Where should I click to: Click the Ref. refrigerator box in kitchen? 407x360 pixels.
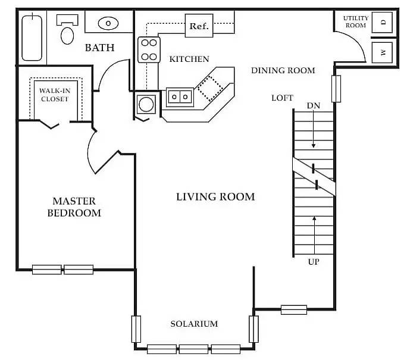click(199, 26)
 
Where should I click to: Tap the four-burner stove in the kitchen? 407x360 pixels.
click(149, 50)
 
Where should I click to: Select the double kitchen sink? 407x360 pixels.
click(179, 95)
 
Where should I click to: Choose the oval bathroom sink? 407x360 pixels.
click(108, 24)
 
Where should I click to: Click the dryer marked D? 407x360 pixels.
click(383, 23)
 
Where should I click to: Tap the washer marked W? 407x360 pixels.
click(383, 53)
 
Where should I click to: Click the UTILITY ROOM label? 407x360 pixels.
click(355, 22)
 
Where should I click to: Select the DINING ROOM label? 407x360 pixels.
click(283, 70)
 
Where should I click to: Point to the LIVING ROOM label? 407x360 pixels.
click(215, 197)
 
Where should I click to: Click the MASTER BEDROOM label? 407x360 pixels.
click(74, 207)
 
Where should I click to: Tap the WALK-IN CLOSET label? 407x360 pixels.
click(55, 95)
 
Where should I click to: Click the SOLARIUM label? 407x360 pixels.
click(194, 324)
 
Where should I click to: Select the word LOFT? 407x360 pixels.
click(282, 98)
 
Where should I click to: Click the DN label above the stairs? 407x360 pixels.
click(314, 105)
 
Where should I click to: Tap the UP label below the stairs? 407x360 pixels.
click(314, 261)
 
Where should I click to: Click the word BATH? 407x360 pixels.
click(99, 48)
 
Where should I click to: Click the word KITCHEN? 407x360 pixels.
click(189, 59)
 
